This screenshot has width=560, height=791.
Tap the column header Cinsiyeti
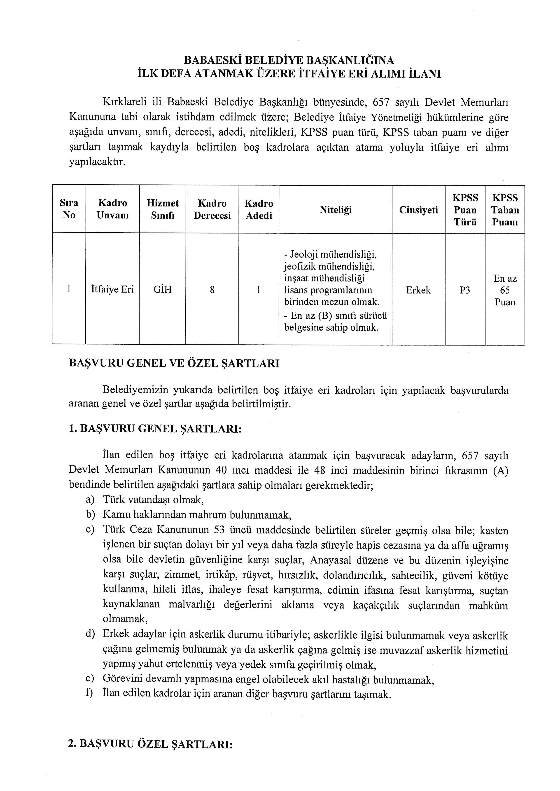pos(418,210)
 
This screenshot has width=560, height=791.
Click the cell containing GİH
pos(162,289)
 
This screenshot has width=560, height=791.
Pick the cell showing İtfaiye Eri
pos(112,289)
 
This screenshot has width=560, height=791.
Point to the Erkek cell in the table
pos(418,290)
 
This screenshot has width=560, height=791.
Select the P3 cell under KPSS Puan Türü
pos(465,290)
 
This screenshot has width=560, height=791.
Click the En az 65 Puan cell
pos(505,290)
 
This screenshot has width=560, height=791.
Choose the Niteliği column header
pos(335,210)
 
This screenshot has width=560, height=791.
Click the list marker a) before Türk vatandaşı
pos(90,499)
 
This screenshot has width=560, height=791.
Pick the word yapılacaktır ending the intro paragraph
pos(97,162)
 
